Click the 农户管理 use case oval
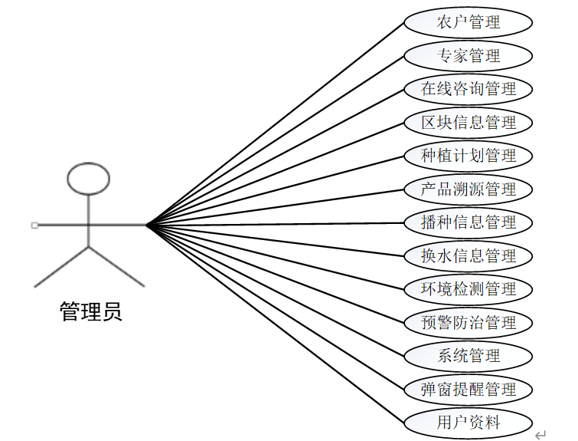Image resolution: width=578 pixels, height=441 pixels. click(x=469, y=22)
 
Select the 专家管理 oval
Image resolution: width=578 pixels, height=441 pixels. click(x=469, y=56)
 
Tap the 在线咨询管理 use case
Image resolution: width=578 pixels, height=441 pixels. click(x=469, y=89)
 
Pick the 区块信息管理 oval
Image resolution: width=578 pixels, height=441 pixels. click(x=469, y=123)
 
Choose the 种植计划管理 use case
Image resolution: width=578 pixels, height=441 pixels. click(x=469, y=156)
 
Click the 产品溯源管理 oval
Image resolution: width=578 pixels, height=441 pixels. click(x=469, y=189)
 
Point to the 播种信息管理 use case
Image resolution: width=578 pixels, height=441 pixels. click(x=469, y=222)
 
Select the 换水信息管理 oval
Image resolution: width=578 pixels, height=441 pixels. click(x=469, y=255)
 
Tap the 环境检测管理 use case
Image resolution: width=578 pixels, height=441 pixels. click(x=469, y=289)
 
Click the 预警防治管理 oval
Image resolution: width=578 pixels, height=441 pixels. click(x=469, y=322)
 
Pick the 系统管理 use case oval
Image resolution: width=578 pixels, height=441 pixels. click(x=469, y=356)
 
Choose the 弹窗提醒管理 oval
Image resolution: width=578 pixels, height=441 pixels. click(x=469, y=389)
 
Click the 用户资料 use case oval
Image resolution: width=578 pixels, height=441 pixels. click(x=469, y=422)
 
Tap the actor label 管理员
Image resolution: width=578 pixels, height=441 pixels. click(x=90, y=311)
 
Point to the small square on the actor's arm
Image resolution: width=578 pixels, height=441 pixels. click(x=34, y=225)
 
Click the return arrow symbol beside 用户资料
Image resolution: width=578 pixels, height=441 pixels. click(x=540, y=435)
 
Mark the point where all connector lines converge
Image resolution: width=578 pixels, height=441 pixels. click(x=146, y=225)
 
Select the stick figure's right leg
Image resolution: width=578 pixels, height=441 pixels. click(x=116, y=266)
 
